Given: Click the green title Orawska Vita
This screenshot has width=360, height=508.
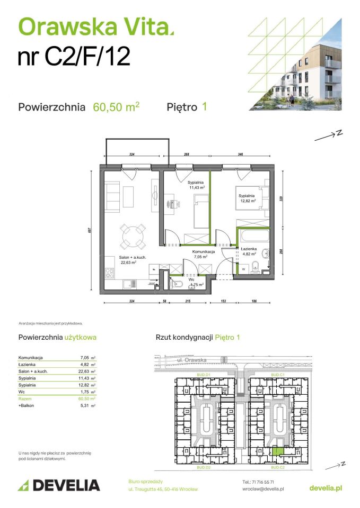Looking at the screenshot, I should coord(95,26).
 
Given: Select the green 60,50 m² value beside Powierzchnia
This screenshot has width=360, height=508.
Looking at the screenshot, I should coord(116,107).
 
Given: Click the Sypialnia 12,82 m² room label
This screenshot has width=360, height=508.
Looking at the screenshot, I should coord(247,198).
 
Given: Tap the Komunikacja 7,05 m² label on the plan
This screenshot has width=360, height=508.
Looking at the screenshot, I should coord(203,255).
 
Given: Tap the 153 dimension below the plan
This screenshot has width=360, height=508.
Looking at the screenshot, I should coord(224,301).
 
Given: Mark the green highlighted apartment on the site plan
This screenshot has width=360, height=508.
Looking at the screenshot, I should coord(276,451).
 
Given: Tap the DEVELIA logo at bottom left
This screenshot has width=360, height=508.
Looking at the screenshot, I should coord(59,485).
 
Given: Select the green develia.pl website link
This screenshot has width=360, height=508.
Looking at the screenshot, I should coord(325,488).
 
